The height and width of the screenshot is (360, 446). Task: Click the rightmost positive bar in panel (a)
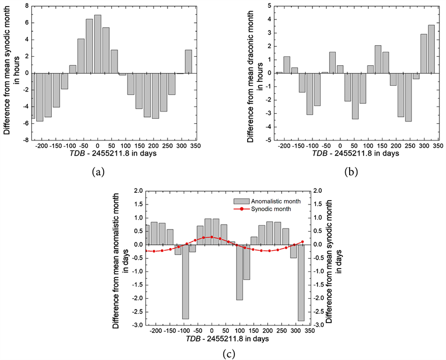click(x=188, y=62)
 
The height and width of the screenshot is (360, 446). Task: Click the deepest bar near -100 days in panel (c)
click(x=185, y=281)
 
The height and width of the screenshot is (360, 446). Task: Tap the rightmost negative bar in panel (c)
click(x=301, y=283)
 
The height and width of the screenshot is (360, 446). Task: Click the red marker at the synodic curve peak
click(x=212, y=237)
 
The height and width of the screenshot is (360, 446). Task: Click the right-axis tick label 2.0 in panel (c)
click(x=317, y=191)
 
